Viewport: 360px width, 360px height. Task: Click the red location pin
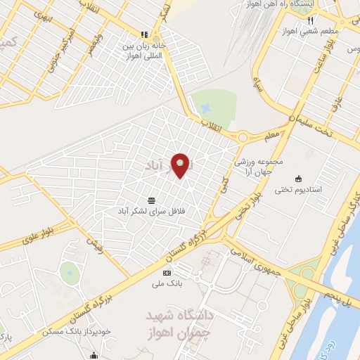pos(181,166)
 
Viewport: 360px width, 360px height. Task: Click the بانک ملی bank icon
pos(167,273)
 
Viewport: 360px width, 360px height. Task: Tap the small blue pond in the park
pos(206,110)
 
